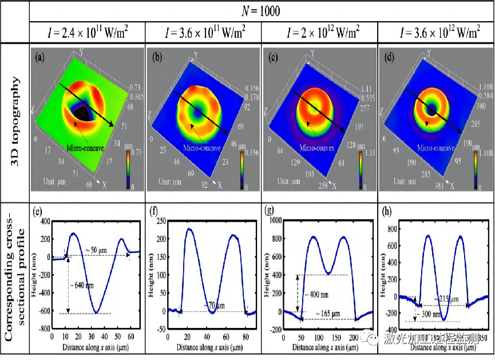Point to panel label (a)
pos(40,57)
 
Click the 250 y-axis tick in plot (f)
pos(161,221)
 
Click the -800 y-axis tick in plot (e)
pos(42,330)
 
